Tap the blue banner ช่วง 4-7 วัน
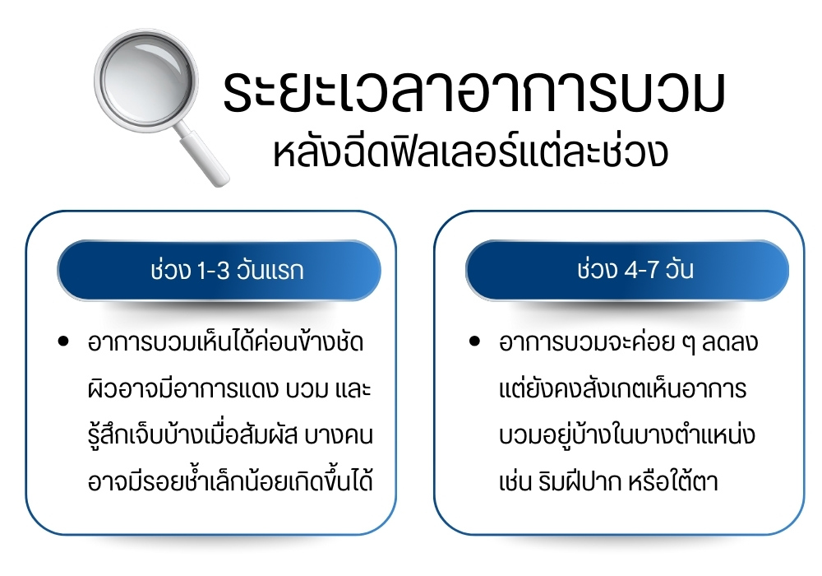(x=627, y=270)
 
